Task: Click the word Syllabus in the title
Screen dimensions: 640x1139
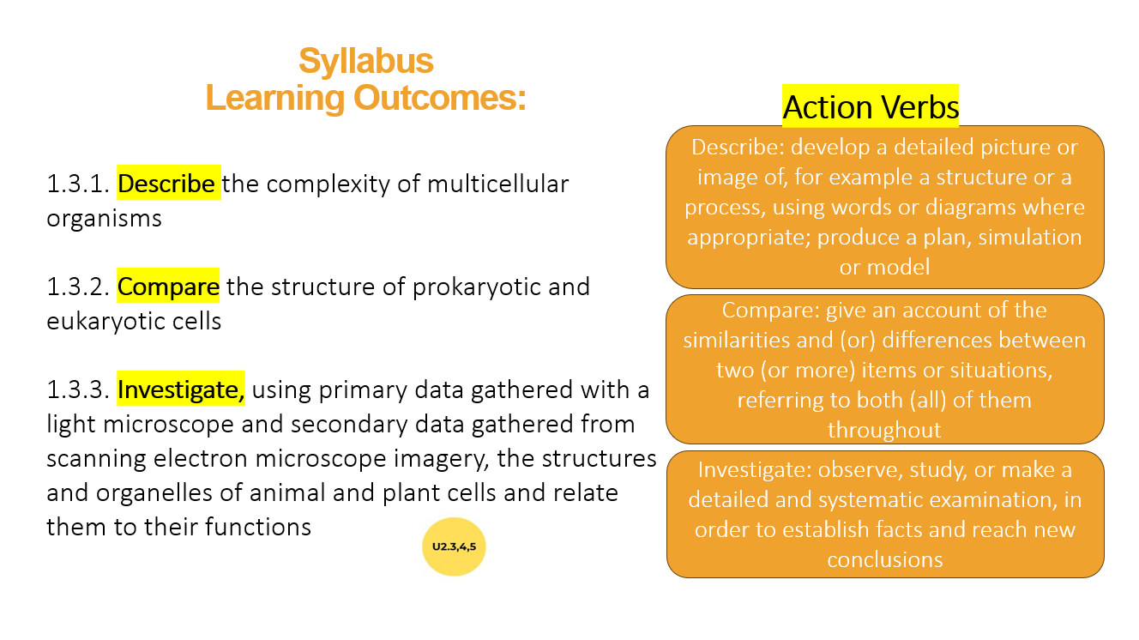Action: (365, 62)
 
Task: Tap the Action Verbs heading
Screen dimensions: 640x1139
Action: (870, 106)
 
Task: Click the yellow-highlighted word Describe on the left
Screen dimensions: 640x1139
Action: (168, 184)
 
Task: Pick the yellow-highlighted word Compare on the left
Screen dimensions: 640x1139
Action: (168, 286)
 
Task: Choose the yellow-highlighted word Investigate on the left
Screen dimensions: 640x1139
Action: (181, 389)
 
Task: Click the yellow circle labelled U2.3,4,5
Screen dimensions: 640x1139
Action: (454, 546)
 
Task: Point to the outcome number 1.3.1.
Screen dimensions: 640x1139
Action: (78, 184)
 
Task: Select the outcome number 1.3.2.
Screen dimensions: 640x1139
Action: (78, 286)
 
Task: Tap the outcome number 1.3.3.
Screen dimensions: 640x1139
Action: (78, 389)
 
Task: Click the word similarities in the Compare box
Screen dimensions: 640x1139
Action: (738, 340)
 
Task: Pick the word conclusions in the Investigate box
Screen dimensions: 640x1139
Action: (884, 560)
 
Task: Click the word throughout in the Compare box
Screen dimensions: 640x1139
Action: (884, 430)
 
